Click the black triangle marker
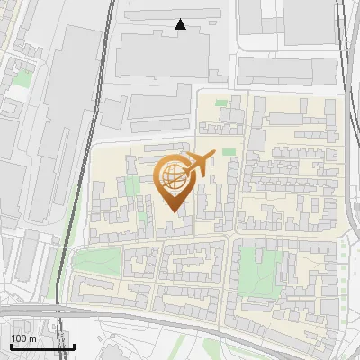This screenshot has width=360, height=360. point(181,24)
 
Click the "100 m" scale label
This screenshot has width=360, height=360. point(23,337)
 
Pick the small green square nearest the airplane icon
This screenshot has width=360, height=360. point(229,152)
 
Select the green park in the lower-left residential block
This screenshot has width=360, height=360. point(96,262)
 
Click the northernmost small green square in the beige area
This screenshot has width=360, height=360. point(221,103)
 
